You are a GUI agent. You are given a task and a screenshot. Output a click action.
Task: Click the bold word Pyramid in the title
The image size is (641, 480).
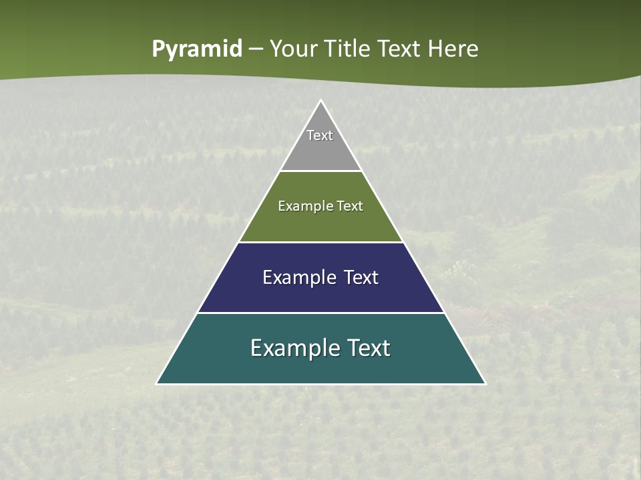[x=197, y=49]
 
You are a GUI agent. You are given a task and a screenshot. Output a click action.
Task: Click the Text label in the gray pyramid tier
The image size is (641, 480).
[x=320, y=135]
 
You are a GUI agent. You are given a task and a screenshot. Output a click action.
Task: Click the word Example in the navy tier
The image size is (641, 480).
[x=294, y=277]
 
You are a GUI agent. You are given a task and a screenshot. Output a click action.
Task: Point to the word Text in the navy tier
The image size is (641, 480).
[x=360, y=277]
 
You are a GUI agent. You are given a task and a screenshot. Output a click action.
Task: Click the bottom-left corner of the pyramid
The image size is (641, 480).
[x=157, y=383]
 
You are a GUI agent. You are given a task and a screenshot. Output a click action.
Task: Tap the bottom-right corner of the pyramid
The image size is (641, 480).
[x=485, y=383]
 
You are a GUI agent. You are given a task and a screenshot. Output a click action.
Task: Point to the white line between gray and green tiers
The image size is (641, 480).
[x=321, y=171]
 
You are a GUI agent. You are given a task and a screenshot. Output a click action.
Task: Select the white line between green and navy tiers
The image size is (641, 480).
[x=321, y=242]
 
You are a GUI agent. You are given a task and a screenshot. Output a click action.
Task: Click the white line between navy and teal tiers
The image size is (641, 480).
[x=321, y=313]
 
